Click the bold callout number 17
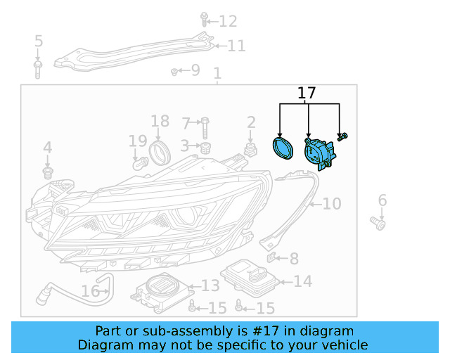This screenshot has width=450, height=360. click(x=307, y=93)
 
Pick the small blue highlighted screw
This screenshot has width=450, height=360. click(x=342, y=136)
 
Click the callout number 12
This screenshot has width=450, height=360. click(x=228, y=21)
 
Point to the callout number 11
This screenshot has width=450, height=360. click(x=236, y=46)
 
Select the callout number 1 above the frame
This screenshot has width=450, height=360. click(x=217, y=74)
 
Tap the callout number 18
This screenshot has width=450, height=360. click(x=160, y=121)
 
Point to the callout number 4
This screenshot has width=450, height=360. click(x=47, y=148)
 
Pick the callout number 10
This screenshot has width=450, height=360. click(x=330, y=204)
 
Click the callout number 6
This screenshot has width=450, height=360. click(x=382, y=201)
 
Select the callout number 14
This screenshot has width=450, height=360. click(x=302, y=282)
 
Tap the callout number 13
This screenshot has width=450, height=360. click(x=210, y=285)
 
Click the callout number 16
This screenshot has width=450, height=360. click(x=91, y=290)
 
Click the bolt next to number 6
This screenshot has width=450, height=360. click(x=379, y=223)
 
